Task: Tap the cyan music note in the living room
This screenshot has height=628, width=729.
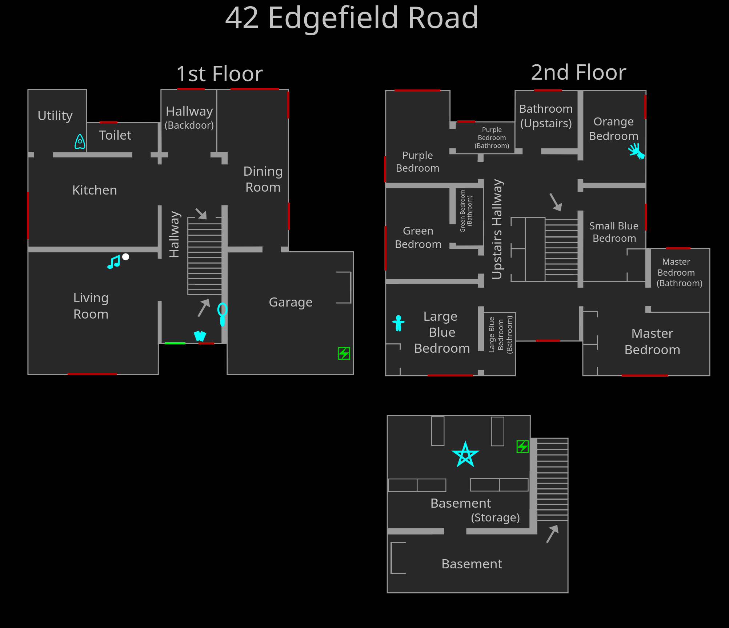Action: (114, 262)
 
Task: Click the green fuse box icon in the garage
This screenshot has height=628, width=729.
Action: (344, 353)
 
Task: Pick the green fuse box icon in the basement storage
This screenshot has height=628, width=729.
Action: (522, 446)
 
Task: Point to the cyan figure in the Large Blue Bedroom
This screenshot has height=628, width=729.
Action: (398, 323)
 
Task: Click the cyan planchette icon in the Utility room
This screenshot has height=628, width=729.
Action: (80, 141)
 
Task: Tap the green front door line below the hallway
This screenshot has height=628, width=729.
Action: (175, 343)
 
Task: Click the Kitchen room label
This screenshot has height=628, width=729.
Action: (95, 190)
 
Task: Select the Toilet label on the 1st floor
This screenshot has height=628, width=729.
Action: (115, 135)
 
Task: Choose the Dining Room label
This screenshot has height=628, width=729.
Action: (263, 179)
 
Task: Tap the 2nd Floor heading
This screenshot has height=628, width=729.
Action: (578, 72)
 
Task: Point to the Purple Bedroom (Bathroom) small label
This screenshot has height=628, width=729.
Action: (492, 138)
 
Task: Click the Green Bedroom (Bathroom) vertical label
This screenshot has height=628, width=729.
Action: (466, 211)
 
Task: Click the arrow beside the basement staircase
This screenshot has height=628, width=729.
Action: (552, 533)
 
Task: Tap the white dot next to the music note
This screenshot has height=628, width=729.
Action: (126, 257)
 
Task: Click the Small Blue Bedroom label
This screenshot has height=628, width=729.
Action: (614, 232)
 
